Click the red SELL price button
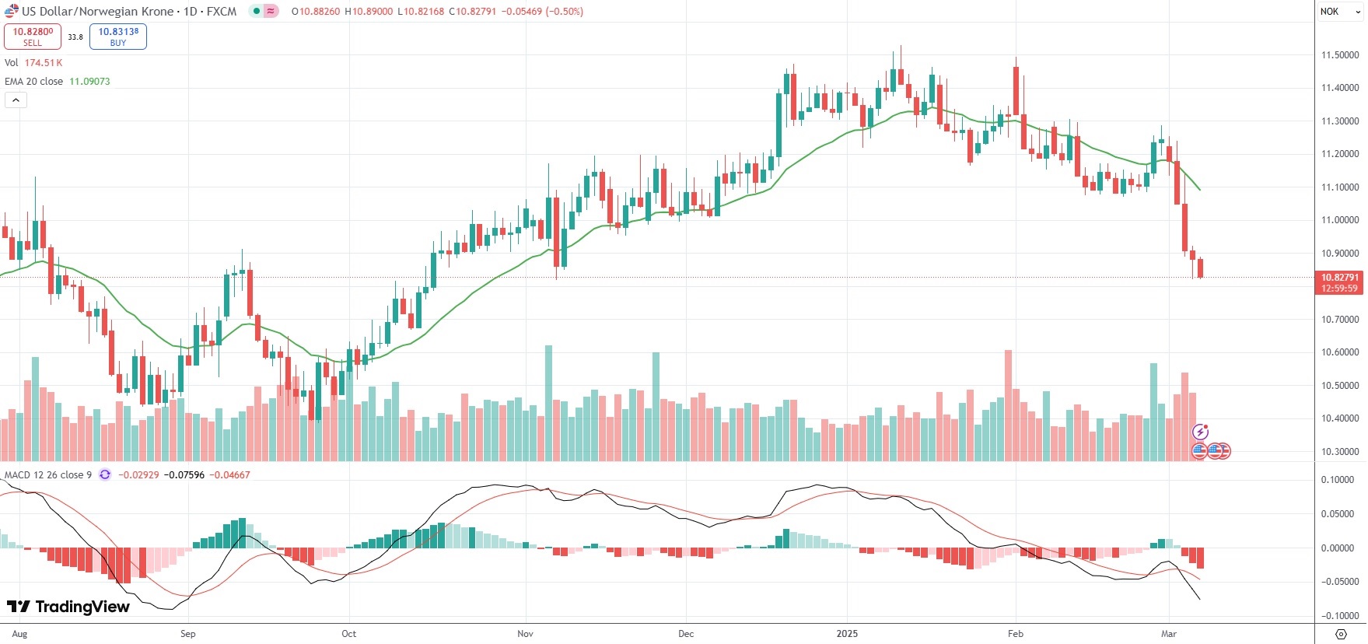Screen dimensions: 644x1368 (33, 37)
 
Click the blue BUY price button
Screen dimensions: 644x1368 (118, 37)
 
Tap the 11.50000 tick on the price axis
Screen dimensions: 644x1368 (1340, 55)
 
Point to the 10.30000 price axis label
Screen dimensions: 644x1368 (1340, 452)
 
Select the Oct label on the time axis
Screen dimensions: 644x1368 (349, 634)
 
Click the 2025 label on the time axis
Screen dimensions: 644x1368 (847, 634)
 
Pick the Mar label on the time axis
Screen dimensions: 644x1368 (1169, 634)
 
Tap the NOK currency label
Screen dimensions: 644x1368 (1330, 12)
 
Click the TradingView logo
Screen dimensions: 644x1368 (68, 607)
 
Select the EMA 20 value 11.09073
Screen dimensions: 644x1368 (89, 82)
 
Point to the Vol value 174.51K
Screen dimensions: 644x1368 (44, 63)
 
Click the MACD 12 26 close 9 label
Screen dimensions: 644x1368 (48, 475)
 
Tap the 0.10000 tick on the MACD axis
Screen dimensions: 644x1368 (1338, 480)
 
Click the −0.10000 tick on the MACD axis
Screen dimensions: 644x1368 (1338, 616)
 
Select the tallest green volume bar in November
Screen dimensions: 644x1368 (549, 403)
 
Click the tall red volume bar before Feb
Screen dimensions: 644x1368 (1009, 405)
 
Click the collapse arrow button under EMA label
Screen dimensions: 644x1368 (16, 100)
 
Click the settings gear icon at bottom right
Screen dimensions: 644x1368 (1341, 634)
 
